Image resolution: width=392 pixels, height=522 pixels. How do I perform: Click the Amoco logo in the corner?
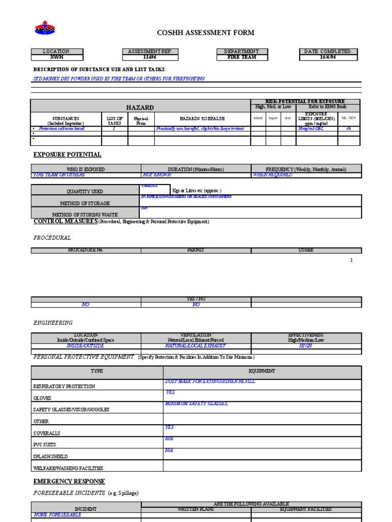(x=44, y=29)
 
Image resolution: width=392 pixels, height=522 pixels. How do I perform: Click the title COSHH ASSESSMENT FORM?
(x=205, y=33)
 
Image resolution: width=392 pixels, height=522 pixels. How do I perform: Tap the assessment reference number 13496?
(x=150, y=58)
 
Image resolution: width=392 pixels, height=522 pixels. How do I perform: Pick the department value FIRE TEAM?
(x=242, y=58)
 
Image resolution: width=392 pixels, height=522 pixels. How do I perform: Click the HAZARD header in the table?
(x=140, y=108)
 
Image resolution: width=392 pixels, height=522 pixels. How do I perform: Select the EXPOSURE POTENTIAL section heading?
(x=67, y=154)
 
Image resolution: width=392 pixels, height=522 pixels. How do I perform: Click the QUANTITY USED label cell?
(x=85, y=192)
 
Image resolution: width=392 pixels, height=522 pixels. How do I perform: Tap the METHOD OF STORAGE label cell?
(x=85, y=203)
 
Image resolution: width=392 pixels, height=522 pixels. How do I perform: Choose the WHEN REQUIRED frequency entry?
(x=273, y=175)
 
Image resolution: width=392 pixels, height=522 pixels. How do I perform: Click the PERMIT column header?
(x=196, y=250)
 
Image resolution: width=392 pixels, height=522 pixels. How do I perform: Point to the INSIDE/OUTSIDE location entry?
(x=86, y=346)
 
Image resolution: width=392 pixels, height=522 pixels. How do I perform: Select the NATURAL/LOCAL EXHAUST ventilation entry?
(x=196, y=346)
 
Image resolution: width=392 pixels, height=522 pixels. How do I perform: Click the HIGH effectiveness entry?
(x=305, y=346)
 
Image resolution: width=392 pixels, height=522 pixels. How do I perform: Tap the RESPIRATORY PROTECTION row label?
(x=64, y=386)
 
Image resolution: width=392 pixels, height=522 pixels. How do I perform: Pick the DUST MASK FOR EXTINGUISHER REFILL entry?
(x=210, y=381)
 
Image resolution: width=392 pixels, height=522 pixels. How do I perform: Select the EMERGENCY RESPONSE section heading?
(x=69, y=481)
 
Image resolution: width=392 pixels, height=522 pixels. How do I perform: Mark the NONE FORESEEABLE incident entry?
(x=57, y=515)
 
